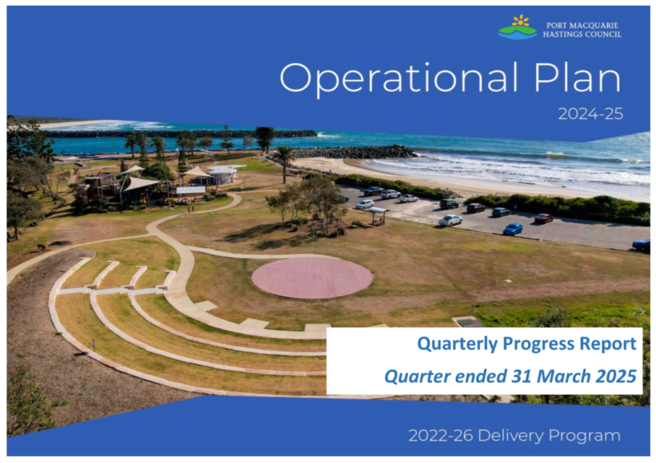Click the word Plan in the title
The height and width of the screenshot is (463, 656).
tap(577, 77)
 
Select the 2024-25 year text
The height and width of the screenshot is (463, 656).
tap(590, 113)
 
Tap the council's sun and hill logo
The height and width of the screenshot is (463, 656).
tap(517, 27)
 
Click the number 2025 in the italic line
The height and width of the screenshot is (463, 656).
tap(616, 376)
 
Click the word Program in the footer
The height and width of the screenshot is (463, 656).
tap(584, 436)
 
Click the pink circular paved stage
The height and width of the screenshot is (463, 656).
tap(311, 277)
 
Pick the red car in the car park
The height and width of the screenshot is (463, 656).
tap(544, 218)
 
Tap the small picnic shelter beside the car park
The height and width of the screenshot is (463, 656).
tap(377, 215)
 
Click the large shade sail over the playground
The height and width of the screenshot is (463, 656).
tap(141, 183)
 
